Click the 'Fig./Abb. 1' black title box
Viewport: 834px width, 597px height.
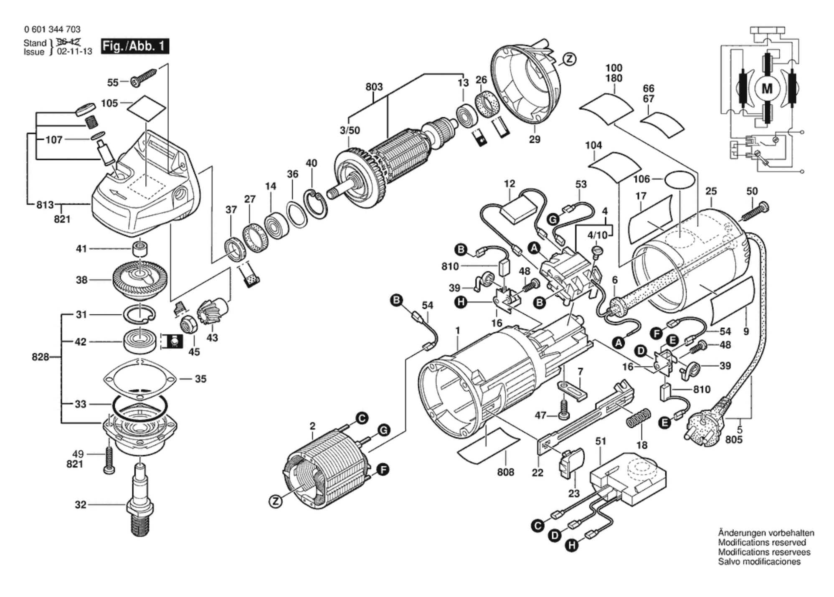pos(134,46)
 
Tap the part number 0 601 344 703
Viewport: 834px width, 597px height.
pos(52,29)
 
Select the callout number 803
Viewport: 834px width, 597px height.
pos(374,87)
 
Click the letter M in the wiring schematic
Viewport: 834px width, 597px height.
pos(767,89)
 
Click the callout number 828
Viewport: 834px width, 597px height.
pos(41,357)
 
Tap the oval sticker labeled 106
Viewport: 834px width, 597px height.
pos(679,180)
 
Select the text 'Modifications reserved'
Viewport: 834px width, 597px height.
pos(762,542)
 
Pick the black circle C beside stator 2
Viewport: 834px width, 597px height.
pos(362,418)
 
